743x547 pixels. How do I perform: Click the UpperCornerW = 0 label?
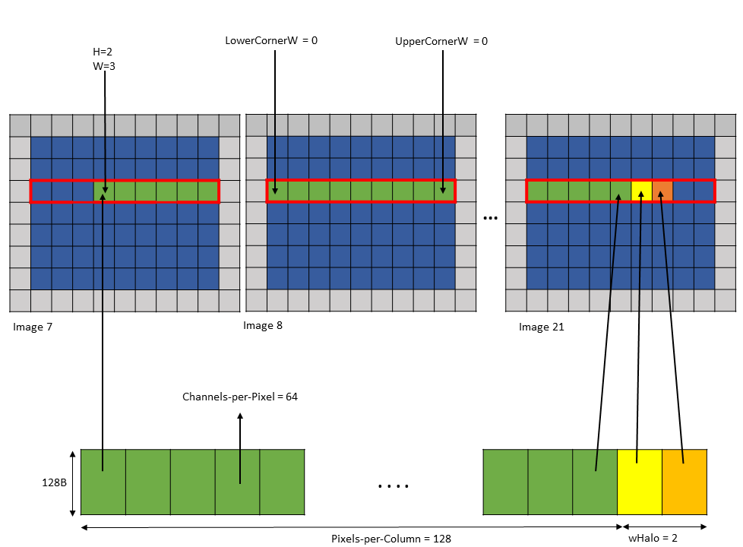tap(441, 42)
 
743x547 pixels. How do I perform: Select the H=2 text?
tap(103, 52)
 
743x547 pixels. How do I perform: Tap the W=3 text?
tap(103, 66)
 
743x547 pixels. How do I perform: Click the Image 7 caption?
tap(33, 327)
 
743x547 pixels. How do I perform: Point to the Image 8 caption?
tap(263, 325)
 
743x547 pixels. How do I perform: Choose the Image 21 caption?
tap(542, 327)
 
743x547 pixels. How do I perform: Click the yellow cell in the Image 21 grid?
tap(641, 191)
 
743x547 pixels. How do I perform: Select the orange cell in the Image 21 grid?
tap(662, 191)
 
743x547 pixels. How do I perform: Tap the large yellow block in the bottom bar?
tap(640, 481)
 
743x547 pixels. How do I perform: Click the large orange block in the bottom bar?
tap(685, 481)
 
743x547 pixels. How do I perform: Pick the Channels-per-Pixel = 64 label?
tap(239, 397)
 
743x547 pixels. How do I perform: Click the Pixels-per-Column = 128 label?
tap(391, 539)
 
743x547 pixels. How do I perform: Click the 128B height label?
tap(54, 482)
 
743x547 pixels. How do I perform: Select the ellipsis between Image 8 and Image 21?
tap(491, 218)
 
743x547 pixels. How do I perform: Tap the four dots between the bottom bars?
tap(393, 485)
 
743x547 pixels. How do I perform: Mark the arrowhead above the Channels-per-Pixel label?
tap(240, 416)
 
